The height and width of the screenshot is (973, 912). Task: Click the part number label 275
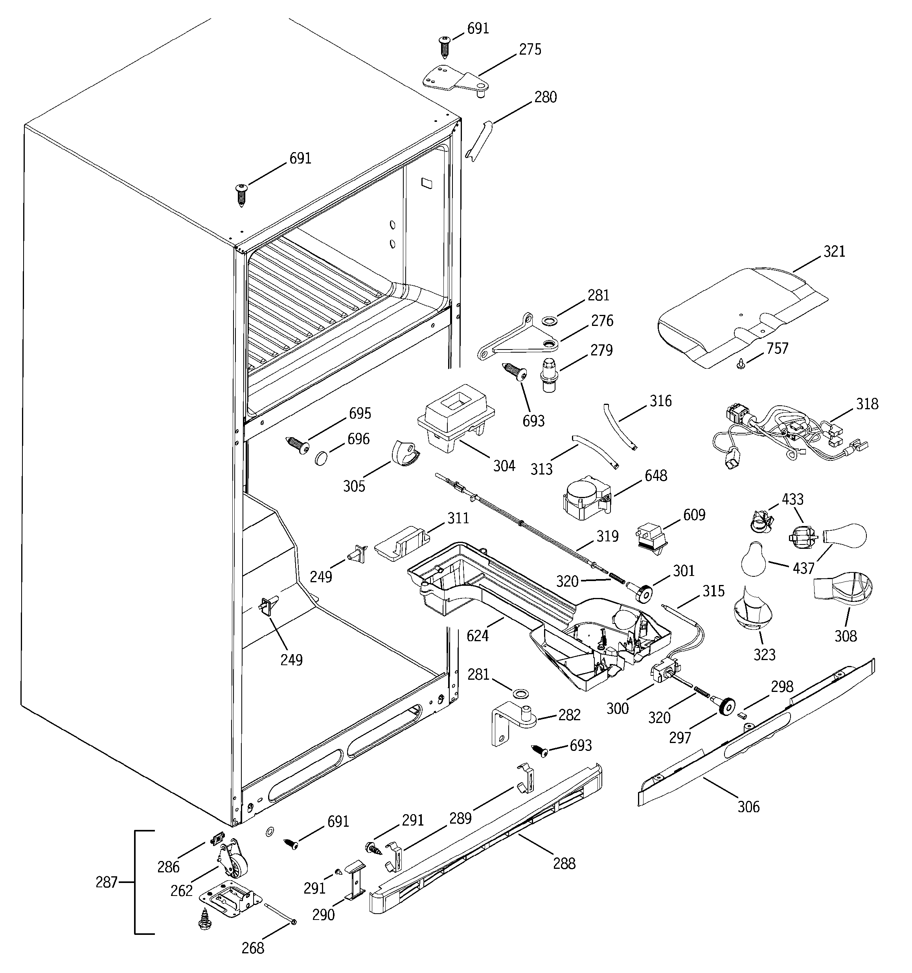coord(530,50)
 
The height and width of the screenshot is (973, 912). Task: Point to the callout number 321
coord(834,252)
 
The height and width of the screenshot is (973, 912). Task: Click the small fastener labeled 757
coord(741,363)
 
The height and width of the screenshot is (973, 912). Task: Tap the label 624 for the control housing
coord(477,636)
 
